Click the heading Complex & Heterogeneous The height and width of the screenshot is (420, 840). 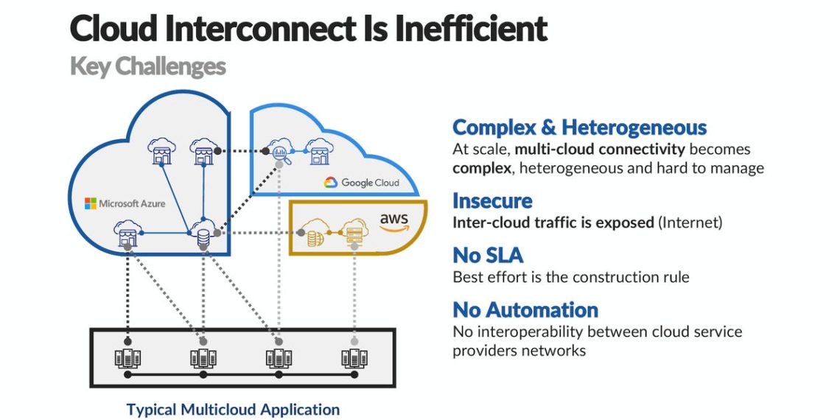point(579,127)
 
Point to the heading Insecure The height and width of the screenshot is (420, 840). point(491,200)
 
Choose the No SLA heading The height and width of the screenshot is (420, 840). point(487,256)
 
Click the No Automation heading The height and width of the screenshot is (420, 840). point(525,309)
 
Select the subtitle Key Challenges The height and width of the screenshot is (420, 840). point(147,67)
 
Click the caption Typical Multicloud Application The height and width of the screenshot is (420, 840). point(233,410)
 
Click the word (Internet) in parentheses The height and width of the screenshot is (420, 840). point(690,222)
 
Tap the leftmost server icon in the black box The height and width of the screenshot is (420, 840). point(127,359)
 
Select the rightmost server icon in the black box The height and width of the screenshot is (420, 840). point(354,359)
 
